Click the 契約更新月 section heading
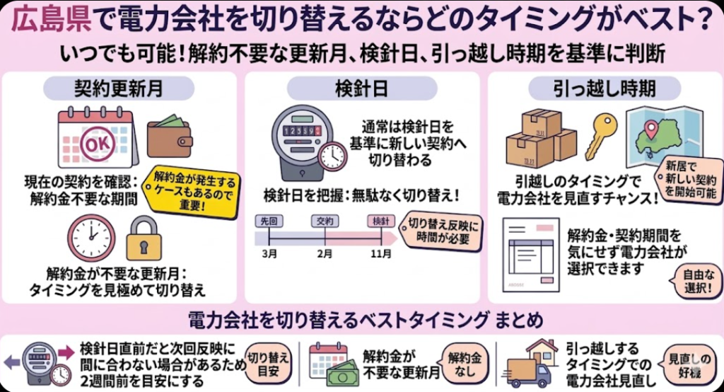[119, 88]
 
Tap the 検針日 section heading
[361, 88]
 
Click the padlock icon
[144, 238]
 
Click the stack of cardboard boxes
[542, 139]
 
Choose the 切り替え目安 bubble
[267, 364]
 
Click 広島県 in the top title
[51, 18]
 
